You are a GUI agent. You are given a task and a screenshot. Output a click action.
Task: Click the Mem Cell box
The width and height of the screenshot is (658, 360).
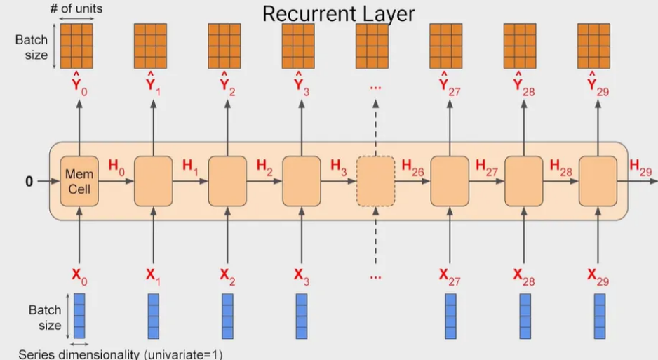coord(79,180)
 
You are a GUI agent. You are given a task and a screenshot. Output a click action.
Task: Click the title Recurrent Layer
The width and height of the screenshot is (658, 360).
coord(338,13)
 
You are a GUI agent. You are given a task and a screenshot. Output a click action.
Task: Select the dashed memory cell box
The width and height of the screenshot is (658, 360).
coord(375,180)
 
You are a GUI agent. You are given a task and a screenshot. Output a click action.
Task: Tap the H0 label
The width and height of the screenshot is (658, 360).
coord(118,166)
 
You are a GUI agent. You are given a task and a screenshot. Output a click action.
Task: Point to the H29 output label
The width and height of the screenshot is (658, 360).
coord(640,166)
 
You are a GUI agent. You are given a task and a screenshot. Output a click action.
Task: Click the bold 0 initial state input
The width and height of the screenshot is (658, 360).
coord(29,182)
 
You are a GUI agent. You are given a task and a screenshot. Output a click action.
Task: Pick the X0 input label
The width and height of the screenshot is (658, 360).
coord(79,276)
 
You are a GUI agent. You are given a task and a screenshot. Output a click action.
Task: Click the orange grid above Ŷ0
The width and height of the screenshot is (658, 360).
coord(76,46)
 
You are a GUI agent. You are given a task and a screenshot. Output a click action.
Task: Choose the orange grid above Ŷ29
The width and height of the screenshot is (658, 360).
coord(593,46)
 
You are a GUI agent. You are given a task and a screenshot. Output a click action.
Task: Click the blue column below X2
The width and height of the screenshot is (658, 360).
coord(227,316)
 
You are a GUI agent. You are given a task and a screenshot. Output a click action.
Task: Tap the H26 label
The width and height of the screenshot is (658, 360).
coord(412,166)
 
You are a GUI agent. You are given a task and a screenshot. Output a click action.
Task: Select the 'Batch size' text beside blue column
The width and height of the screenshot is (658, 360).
coord(45,316)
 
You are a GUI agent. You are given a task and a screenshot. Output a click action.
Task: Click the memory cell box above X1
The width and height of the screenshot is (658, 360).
coord(153,180)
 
